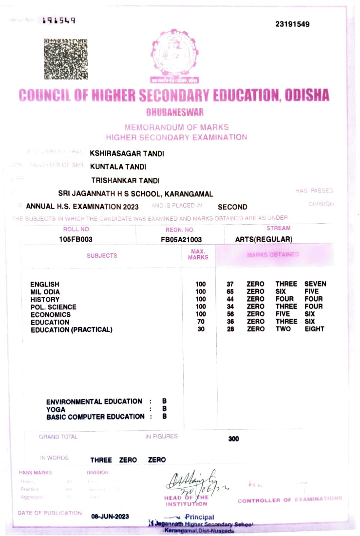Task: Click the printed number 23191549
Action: coord(292,24)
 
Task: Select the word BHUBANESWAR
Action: coord(175,113)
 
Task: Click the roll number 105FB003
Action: coord(76,239)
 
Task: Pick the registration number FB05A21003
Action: coord(181,240)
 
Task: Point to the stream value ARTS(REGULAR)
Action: coord(264,239)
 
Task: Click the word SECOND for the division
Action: coord(232,207)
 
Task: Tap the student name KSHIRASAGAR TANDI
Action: coord(127,153)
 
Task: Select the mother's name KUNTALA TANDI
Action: coord(118,167)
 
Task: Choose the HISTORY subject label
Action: coord(45,299)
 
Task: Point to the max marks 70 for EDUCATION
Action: coord(200,322)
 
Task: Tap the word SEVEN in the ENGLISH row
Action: coord(315,284)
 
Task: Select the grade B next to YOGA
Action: coord(165,409)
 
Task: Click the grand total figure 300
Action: coord(233,439)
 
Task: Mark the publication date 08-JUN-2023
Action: coord(110,516)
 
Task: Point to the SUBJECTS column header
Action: coord(102,255)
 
